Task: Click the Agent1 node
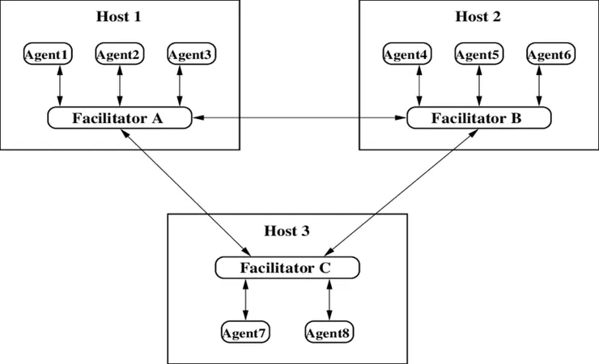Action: (48, 55)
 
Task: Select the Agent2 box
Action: (120, 55)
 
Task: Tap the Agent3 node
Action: (192, 55)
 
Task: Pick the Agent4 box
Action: (407, 55)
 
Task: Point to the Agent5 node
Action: (478, 55)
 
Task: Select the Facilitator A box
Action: (119, 118)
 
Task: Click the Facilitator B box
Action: (478, 118)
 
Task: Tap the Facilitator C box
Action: (287, 267)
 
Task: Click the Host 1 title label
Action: (119, 16)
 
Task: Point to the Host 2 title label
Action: (478, 16)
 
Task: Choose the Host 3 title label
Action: (287, 231)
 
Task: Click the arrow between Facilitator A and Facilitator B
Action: (299, 118)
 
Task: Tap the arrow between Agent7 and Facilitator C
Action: (245, 299)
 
